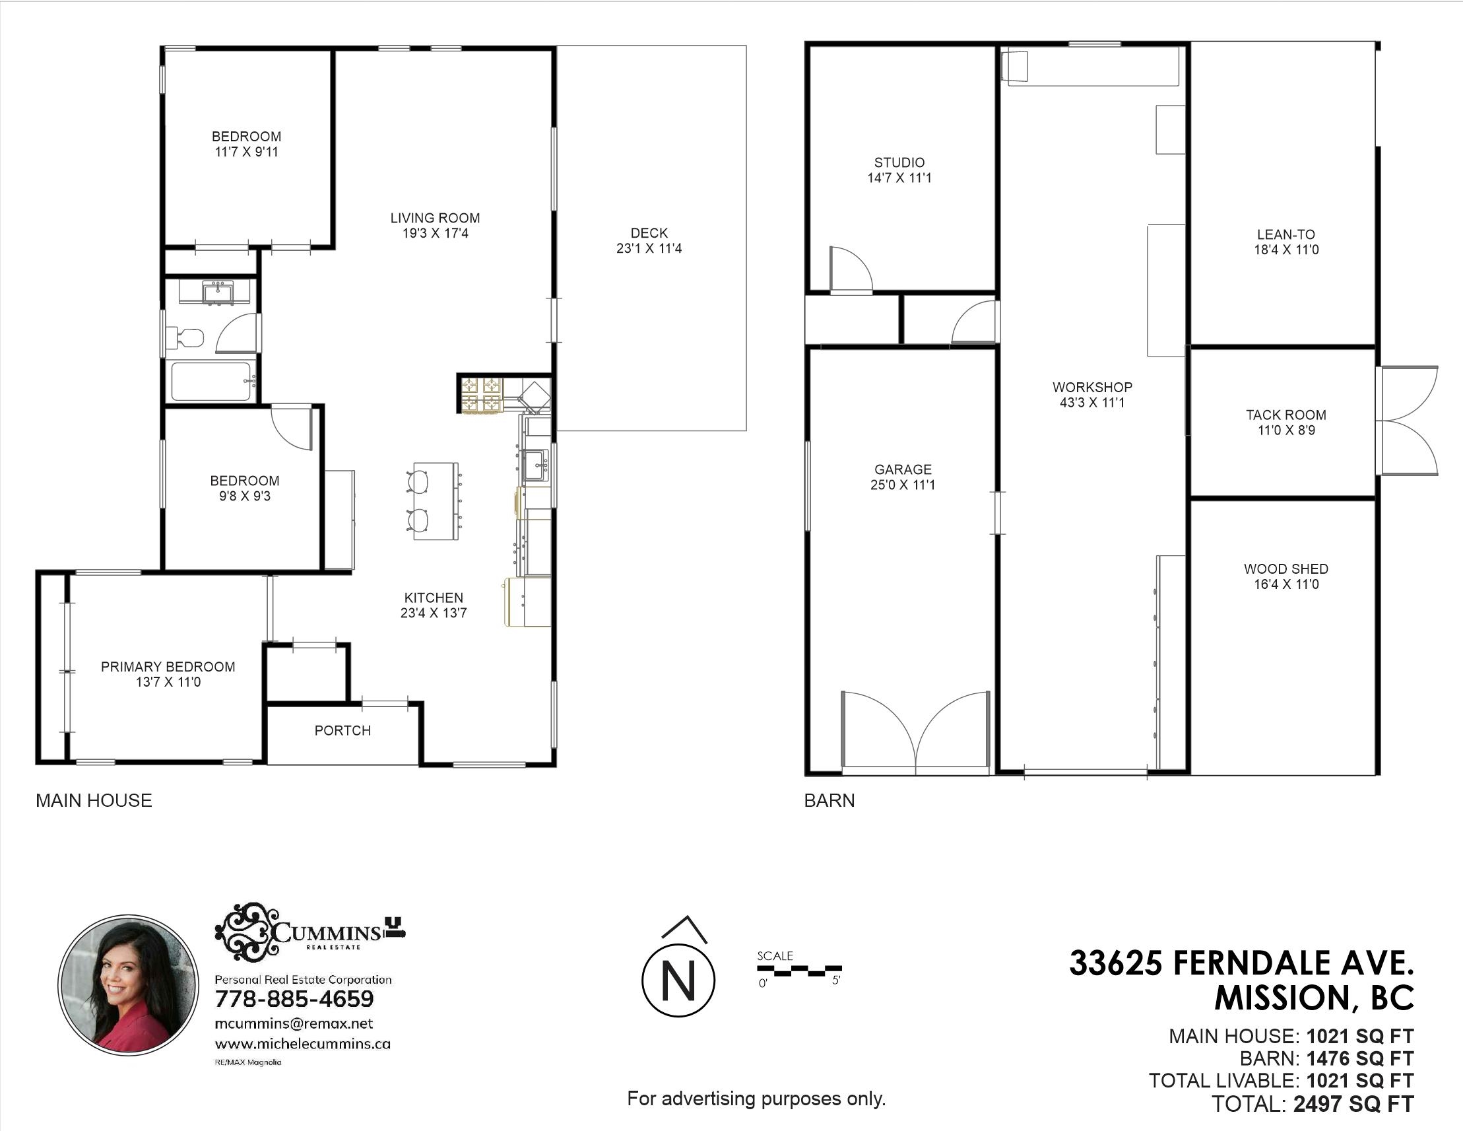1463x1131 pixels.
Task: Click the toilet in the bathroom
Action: [184, 337]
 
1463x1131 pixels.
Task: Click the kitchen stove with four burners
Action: [481, 395]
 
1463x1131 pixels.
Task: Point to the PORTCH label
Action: [342, 730]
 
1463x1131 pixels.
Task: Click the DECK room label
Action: [649, 232]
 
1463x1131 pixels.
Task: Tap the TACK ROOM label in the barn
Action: [1286, 415]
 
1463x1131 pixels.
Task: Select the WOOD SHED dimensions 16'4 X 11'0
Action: [1286, 584]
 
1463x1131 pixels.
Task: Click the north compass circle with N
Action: [678, 980]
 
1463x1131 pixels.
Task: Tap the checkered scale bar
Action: [799, 969]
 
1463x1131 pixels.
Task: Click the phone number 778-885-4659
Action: [294, 999]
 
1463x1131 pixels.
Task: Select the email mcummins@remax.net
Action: [294, 1024]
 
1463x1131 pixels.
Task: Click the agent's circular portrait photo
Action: [128, 984]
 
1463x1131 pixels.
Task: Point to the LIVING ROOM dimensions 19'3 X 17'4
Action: [436, 233]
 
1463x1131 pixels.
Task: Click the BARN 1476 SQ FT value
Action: [1360, 1058]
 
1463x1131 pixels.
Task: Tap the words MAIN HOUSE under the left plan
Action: [94, 800]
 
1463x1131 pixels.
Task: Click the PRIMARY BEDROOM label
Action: [168, 667]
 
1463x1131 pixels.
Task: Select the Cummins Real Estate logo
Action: [309, 931]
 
